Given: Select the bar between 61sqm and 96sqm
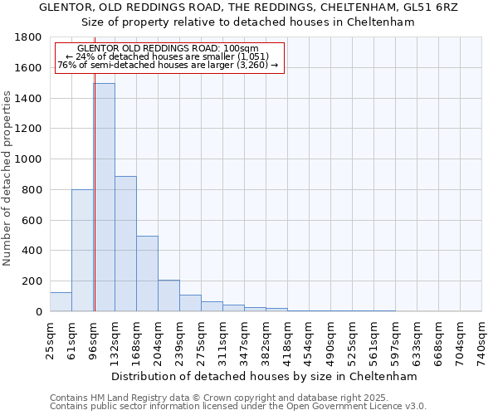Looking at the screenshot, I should click(x=82, y=250).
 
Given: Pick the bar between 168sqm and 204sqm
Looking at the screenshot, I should click(x=147, y=273).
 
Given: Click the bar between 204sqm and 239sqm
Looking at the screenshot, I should click(x=168, y=295).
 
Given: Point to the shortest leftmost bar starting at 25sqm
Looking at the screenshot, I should click(x=61, y=302).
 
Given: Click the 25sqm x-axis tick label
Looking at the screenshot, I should click(x=51, y=336).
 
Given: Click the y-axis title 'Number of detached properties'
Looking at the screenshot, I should click(x=8, y=178).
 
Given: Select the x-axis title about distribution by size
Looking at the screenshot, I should click(x=264, y=376).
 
